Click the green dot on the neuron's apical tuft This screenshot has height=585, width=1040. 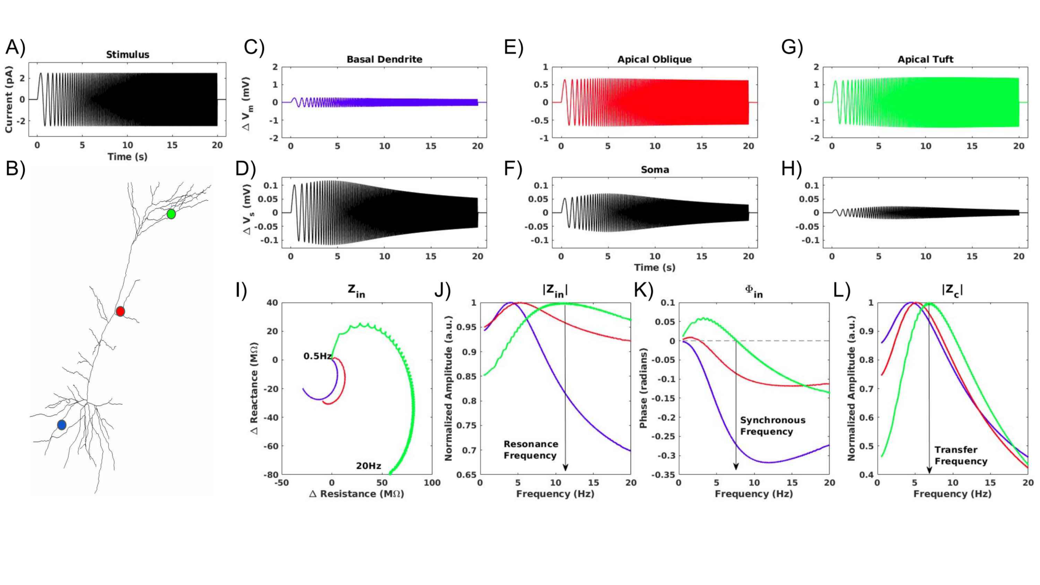pos(171,214)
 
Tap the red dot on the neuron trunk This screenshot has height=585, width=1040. pos(120,311)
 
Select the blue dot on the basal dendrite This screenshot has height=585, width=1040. pos(62,425)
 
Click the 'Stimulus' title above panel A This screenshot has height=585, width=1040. pos(127,55)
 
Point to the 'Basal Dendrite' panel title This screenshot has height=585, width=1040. pos(384,59)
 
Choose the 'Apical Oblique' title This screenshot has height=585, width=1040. pos(654,59)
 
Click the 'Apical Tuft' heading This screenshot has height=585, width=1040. pos(925,59)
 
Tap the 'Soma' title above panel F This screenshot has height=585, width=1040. pos(655,170)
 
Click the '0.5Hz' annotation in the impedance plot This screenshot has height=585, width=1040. pos(318,356)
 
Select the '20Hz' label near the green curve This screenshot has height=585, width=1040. pos(368,466)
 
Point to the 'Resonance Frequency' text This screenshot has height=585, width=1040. pos(530,450)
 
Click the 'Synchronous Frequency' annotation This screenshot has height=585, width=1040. pos(772,426)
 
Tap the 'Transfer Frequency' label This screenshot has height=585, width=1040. pos(960,456)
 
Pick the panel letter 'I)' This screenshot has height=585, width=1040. pos(241,290)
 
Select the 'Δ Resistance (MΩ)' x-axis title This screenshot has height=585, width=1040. pos(357,494)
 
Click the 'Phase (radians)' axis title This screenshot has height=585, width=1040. pos(643,388)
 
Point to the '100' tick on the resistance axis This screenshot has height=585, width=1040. pos(432,483)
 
